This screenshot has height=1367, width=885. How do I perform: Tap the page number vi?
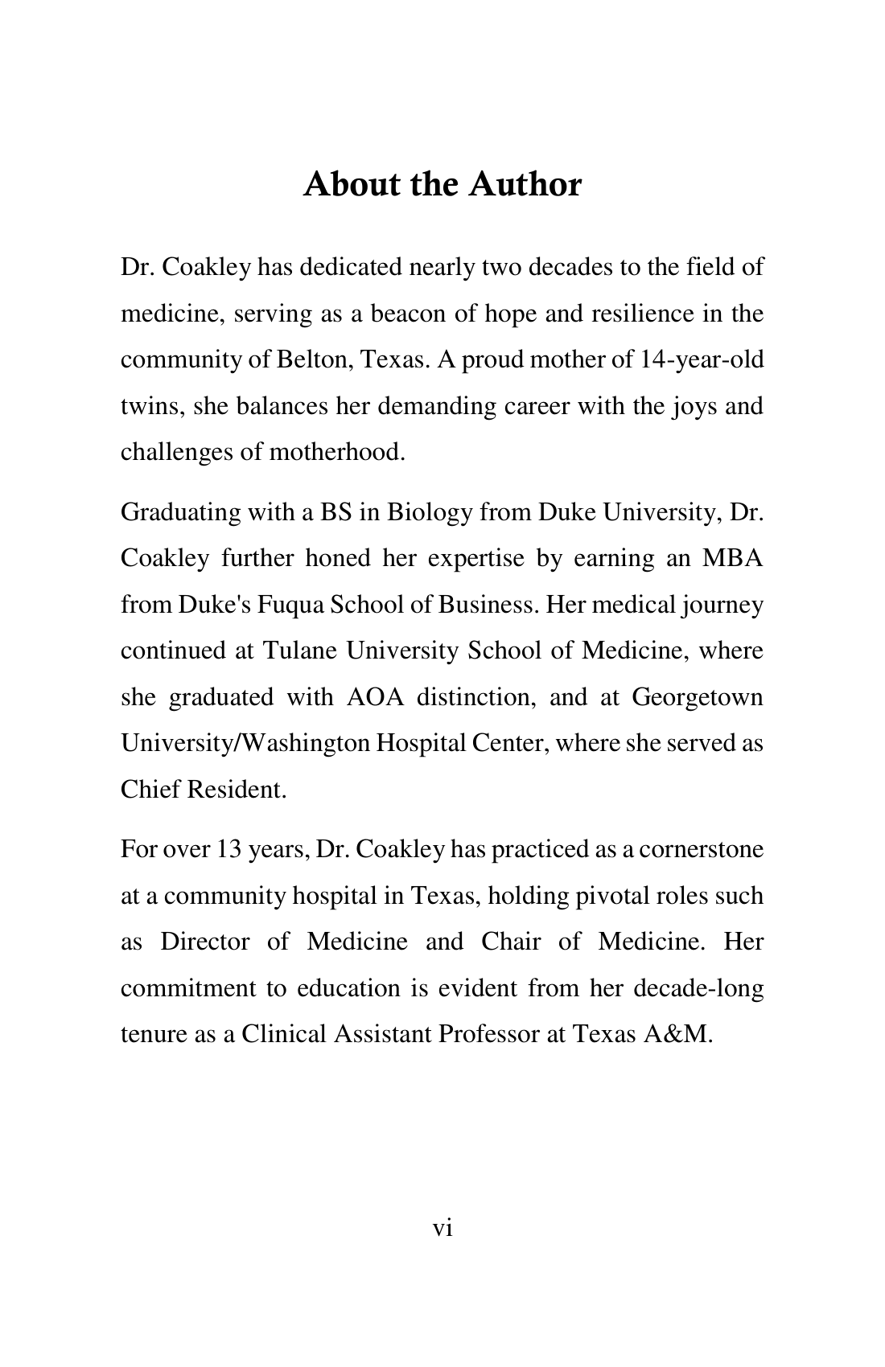click(x=442, y=1228)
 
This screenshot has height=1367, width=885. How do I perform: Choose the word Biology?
click(x=429, y=512)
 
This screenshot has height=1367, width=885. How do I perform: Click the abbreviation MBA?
click(x=732, y=558)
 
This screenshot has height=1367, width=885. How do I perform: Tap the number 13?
click(x=227, y=849)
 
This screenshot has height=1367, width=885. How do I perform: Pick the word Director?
click(x=204, y=942)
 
